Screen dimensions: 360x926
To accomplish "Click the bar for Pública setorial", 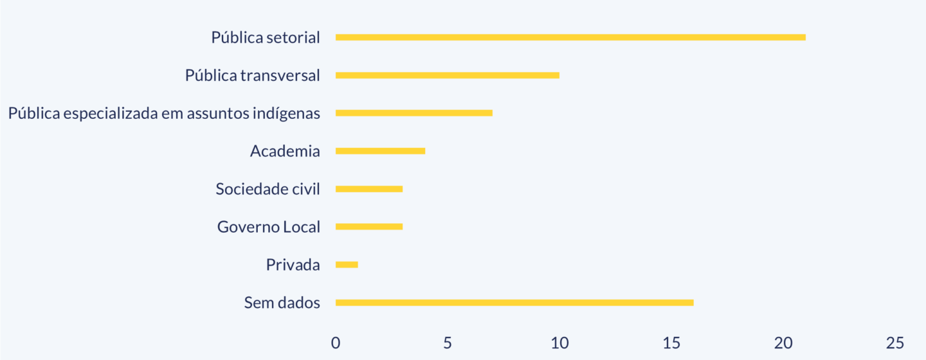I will tap(570, 37).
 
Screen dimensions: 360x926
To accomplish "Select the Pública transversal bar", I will tap(448, 75).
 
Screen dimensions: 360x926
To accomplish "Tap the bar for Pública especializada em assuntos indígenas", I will tap(414, 113).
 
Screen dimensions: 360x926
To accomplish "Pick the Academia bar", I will tap(380, 151).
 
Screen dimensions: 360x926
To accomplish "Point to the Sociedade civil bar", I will tap(369, 189).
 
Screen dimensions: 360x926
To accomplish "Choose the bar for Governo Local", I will tap(369, 227).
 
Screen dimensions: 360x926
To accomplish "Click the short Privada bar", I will tap(347, 265).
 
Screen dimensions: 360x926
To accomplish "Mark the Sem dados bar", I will tap(514, 303).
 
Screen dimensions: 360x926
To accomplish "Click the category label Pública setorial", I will tap(266, 38).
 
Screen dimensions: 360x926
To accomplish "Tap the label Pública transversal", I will tap(252, 76).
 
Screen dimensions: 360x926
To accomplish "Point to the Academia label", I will tap(285, 152).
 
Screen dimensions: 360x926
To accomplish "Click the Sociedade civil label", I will tap(268, 190).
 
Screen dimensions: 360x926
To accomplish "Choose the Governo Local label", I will tap(268, 227).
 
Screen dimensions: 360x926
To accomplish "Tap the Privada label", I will tap(293, 265).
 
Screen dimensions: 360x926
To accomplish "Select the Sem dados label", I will tap(282, 303).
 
